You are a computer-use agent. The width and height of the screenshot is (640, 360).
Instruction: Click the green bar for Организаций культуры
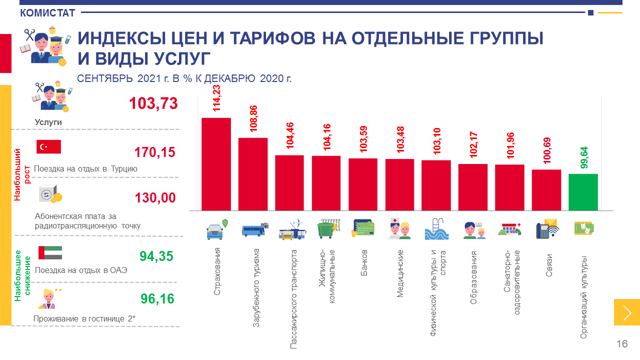[x=583, y=192]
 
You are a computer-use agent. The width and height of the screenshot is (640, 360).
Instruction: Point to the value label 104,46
[x=290, y=135]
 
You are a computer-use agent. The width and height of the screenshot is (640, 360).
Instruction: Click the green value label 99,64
[x=584, y=157]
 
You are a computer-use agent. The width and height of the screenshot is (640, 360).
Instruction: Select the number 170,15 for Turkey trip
[x=155, y=152]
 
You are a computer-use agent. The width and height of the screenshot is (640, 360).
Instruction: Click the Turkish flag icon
[x=48, y=146]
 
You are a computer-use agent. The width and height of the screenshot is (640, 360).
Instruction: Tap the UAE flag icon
[x=50, y=252]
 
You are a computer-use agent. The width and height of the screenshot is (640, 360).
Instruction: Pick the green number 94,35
[x=156, y=256]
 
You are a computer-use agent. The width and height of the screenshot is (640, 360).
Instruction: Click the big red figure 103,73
[x=153, y=103]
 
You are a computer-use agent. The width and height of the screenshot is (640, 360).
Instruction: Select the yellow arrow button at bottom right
[x=627, y=312]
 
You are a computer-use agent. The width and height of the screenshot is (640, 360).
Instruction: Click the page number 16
[x=622, y=344]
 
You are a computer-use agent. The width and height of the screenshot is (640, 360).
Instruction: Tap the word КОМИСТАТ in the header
[x=47, y=13]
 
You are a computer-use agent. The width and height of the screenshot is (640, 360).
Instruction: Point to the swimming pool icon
[x=437, y=230]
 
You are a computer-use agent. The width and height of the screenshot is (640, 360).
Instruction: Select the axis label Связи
[x=548, y=259]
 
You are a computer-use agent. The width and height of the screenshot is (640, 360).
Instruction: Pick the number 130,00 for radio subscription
[x=155, y=197]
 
